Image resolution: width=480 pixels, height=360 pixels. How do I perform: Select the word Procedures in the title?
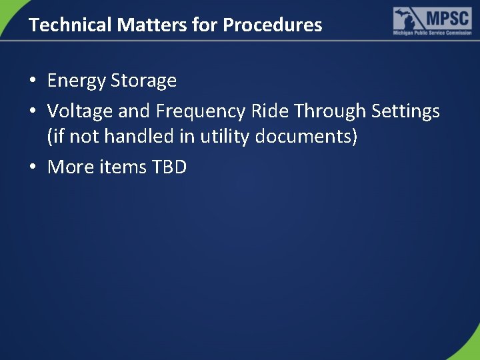pos(272,25)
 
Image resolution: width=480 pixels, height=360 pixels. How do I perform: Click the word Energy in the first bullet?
pos(77,81)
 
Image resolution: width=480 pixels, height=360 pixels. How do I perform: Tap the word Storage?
pos(143,81)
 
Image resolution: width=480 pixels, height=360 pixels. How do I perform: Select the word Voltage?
pos(80,111)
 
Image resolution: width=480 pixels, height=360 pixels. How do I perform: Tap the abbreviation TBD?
pos(169,167)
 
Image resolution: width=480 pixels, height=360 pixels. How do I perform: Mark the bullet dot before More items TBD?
pos(33,167)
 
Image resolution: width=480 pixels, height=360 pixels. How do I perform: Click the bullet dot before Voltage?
pos(33,111)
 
